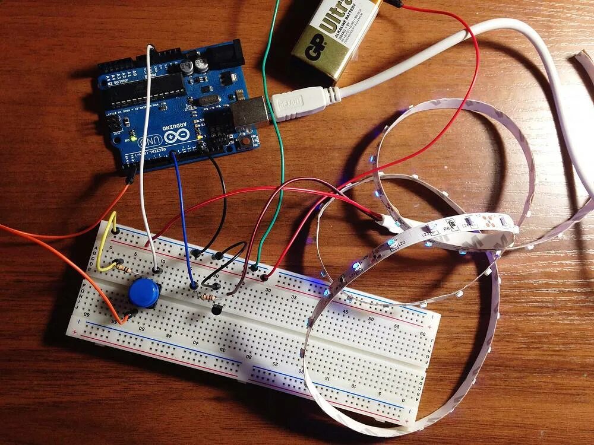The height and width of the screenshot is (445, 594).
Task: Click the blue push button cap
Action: [x=144, y=292]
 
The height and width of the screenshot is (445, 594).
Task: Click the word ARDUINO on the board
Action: [x=172, y=126]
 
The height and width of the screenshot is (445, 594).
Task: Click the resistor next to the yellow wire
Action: [x=125, y=268]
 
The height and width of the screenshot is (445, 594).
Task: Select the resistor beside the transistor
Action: [x=207, y=296]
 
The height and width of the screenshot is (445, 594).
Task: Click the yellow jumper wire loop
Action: [x=107, y=249]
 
